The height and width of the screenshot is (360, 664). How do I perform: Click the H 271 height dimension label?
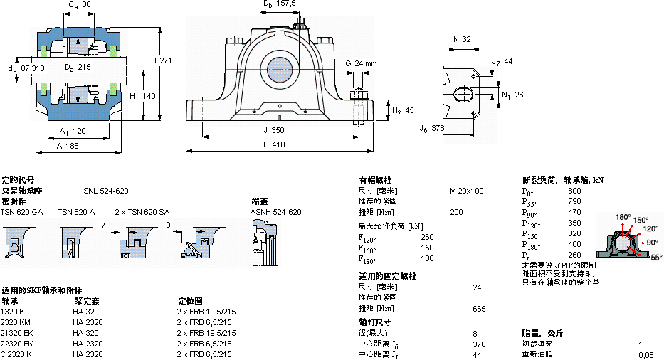(162, 60)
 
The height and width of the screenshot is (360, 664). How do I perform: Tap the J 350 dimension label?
(274, 130)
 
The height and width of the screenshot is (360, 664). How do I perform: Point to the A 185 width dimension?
(68, 144)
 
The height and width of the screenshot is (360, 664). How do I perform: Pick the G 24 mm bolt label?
(361, 63)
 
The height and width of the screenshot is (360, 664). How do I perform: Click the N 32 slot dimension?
(462, 39)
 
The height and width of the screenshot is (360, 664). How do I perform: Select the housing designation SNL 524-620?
(105, 191)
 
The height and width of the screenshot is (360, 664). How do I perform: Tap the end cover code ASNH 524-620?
(275, 212)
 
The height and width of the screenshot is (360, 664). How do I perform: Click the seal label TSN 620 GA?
(22, 212)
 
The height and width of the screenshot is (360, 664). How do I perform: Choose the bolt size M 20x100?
(466, 191)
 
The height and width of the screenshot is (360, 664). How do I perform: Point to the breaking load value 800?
(574, 191)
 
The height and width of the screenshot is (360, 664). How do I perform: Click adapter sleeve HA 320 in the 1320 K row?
(85, 312)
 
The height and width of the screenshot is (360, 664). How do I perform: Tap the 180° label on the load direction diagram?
(623, 217)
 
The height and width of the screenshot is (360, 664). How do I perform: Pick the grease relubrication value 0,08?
(645, 354)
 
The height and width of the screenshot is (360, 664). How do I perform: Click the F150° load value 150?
(427, 248)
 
